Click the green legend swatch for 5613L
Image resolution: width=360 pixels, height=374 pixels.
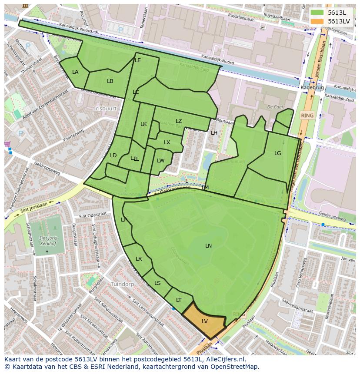tap(317, 13)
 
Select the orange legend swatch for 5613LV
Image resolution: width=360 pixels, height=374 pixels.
tap(317, 21)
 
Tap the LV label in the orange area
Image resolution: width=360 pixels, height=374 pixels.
tap(205, 321)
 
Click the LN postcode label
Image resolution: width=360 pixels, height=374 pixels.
tap(209, 246)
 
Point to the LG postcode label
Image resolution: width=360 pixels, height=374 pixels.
tap(278, 153)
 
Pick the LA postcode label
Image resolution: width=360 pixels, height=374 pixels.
tap(75, 72)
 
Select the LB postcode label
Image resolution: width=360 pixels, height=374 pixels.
tap(110, 81)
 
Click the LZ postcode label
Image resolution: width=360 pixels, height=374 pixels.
tap(179, 121)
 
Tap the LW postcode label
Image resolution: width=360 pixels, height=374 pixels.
tap(161, 161)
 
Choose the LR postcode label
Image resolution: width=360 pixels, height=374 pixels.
tap(139, 259)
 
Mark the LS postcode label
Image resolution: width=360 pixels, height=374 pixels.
tap(157, 283)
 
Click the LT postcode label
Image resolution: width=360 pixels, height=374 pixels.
tap(179, 300)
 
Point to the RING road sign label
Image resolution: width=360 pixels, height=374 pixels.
tap(307, 116)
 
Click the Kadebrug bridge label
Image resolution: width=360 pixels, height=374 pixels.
tap(312, 88)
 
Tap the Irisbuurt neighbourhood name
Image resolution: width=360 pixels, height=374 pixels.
tap(106, 108)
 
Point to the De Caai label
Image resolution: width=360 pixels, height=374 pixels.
tap(275, 106)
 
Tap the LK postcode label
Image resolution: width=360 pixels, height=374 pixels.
tap(143, 124)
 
